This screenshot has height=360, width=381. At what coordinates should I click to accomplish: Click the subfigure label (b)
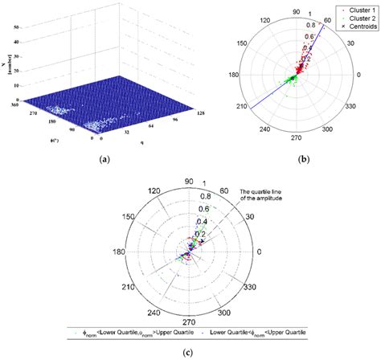pos(304,161)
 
